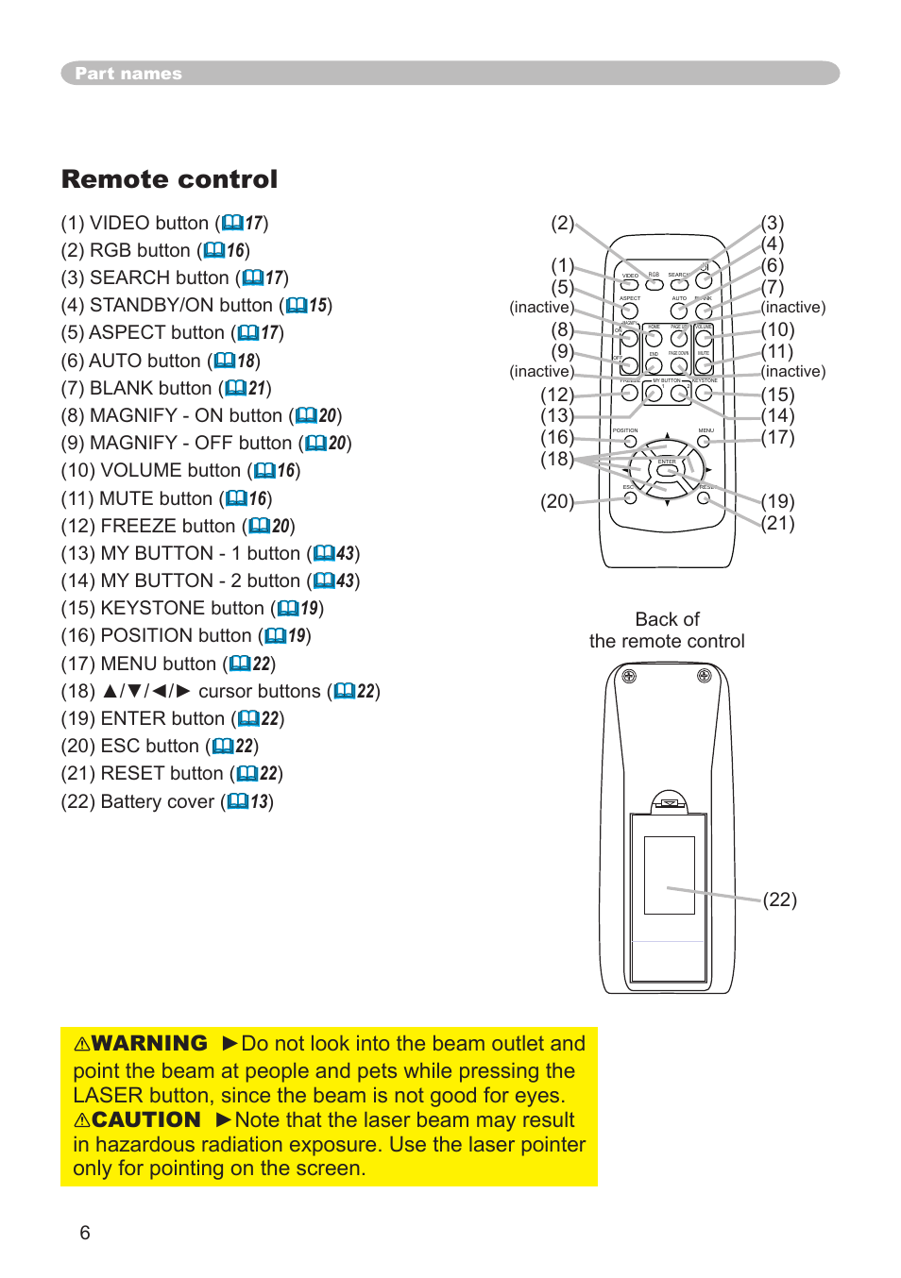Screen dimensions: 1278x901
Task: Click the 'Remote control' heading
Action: pos(170,179)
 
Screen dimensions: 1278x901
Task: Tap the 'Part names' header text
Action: pos(128,74)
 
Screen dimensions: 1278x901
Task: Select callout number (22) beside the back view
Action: pos(779,900)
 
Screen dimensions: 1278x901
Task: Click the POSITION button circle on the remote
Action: pos(630,442)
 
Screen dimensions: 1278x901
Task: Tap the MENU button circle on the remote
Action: pos(704,442)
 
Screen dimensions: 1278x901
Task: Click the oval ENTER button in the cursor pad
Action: pos(667,469)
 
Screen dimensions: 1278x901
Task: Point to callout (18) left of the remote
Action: pos(556,460)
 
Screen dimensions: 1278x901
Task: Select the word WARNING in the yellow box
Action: pos(148,1043)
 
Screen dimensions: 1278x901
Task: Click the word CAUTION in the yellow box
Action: pos(145,1119)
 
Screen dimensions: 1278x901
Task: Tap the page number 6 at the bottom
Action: pos(85,1233)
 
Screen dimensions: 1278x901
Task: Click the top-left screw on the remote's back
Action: pos(629,676)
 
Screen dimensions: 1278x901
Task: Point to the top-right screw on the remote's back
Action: pos(704,676)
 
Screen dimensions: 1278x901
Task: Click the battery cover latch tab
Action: pos(669,803)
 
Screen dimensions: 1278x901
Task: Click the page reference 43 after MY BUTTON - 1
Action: pos(346,553)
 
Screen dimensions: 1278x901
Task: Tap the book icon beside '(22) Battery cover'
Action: pos(238,801)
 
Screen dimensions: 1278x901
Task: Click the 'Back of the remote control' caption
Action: pos(667,631)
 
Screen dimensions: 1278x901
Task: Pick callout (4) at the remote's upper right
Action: pos(773,244)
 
